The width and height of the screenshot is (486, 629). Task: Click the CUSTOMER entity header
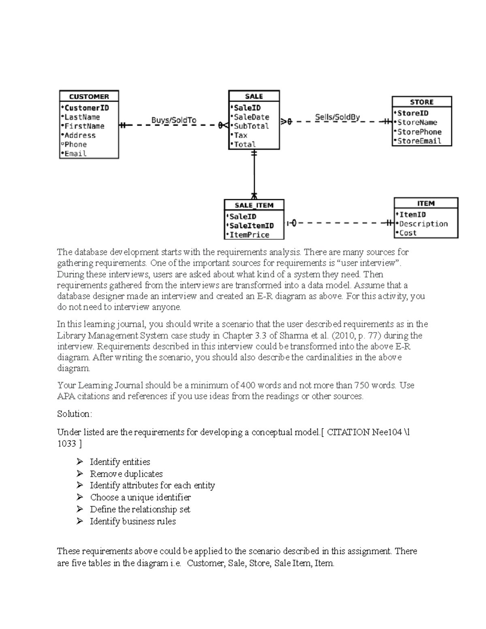pos(89,96)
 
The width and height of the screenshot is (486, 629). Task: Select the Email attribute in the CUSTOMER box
pos(75,154)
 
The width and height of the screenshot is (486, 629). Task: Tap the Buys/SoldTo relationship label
pos(173,120)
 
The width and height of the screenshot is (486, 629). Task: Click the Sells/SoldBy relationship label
pos(337,117)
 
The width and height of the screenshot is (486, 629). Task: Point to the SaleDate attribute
pos(251,117)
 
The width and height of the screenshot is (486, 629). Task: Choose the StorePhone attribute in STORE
pos(419,132)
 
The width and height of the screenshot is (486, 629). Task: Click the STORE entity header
pos(422,102)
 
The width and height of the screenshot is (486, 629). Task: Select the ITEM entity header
pos(426,203)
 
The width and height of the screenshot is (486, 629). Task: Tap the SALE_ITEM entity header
pos(254,205)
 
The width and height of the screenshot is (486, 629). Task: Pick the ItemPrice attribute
pos(249,235)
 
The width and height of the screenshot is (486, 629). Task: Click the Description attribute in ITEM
pos(423,224)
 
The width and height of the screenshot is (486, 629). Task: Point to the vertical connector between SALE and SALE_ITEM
pos(254,174)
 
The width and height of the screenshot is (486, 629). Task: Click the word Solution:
pos(75,414)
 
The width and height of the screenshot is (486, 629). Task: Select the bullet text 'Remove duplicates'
pos(126,474)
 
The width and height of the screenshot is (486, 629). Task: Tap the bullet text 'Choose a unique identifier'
pos(140,497)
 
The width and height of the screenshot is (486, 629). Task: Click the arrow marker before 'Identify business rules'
pos(80,521)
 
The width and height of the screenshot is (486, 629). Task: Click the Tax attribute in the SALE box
pos(241,135)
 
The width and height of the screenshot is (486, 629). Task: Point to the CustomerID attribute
pos(86,108)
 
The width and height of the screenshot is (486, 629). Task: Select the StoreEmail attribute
pos(419,141)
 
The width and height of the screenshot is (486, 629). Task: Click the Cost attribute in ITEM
pos(408,233)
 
